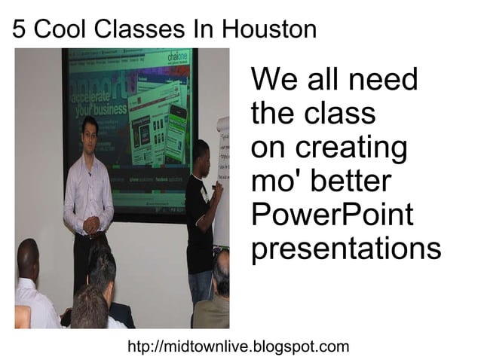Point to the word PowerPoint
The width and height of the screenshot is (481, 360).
click(332, 215)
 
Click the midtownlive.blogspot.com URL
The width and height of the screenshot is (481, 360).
click(239, 346)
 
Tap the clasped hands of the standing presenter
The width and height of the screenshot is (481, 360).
click(91, 224)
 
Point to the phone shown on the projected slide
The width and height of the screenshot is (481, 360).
click(177, 124)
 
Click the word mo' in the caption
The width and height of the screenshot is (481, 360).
click(274, 182)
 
